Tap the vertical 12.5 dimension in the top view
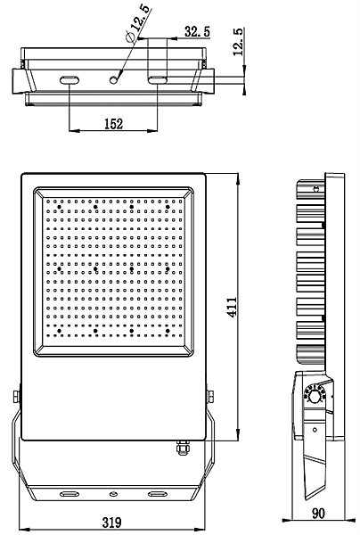(x=238, y=41)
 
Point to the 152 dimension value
(x=112, y=124)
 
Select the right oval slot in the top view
(x=158, y=80)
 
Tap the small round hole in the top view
(x=114, y=80)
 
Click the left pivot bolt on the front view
(x=15, y=394)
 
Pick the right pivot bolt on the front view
(x=210, y=394)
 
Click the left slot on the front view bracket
(x=69, y=492)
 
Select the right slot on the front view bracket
(x=157, y=492)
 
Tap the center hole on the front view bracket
(x=112, y=492)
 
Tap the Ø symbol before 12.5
(x=131, y=38)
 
